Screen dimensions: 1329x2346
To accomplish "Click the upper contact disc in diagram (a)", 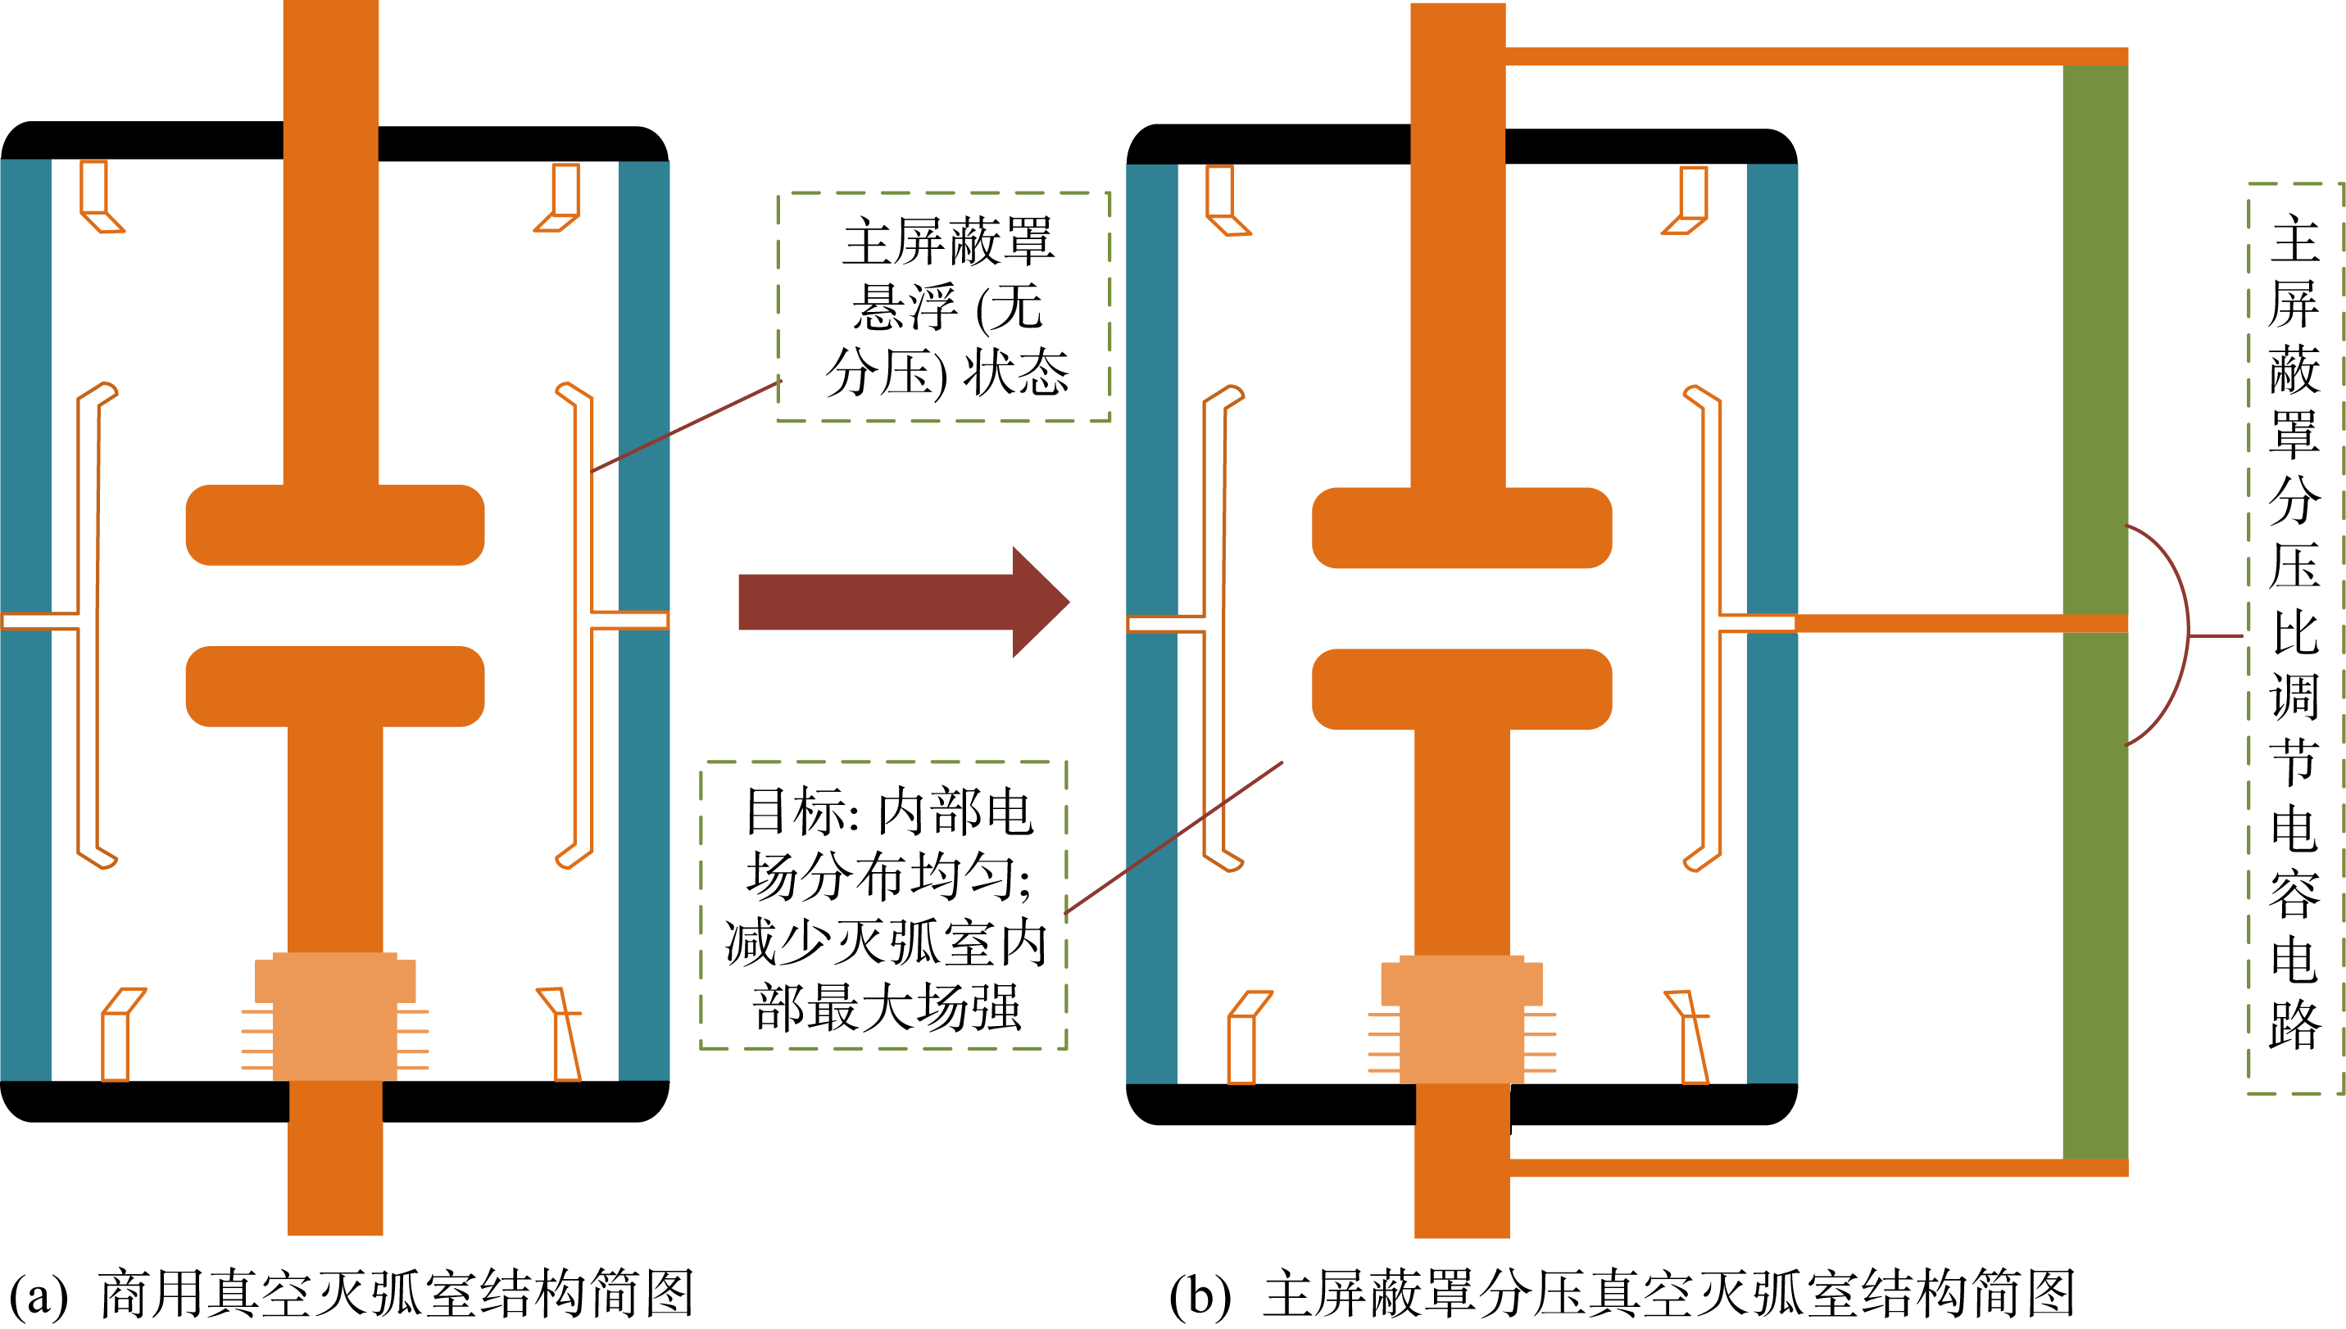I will pos(334,525).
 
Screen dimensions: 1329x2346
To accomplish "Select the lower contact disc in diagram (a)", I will pos(334,686).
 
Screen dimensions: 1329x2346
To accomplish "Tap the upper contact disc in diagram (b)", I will pos(1461,527).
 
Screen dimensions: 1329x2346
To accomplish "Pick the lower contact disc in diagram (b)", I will pos(1461,689).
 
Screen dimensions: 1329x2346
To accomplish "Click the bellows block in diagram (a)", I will pos(335,1015).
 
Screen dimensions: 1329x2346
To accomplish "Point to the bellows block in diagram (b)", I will pos(1461,1018).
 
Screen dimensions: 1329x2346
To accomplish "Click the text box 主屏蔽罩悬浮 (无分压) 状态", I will pos(944,307).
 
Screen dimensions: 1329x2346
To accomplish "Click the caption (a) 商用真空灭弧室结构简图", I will pos(352,1294).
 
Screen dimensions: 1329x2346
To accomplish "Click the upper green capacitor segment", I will pos(2095,337).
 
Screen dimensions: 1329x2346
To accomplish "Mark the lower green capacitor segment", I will pos(2095,894).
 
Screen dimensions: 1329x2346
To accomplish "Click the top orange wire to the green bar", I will pos(1817,56).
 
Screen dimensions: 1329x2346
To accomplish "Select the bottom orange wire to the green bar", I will pos(1817,1168).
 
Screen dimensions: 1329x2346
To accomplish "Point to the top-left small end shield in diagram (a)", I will pos(98,197).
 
